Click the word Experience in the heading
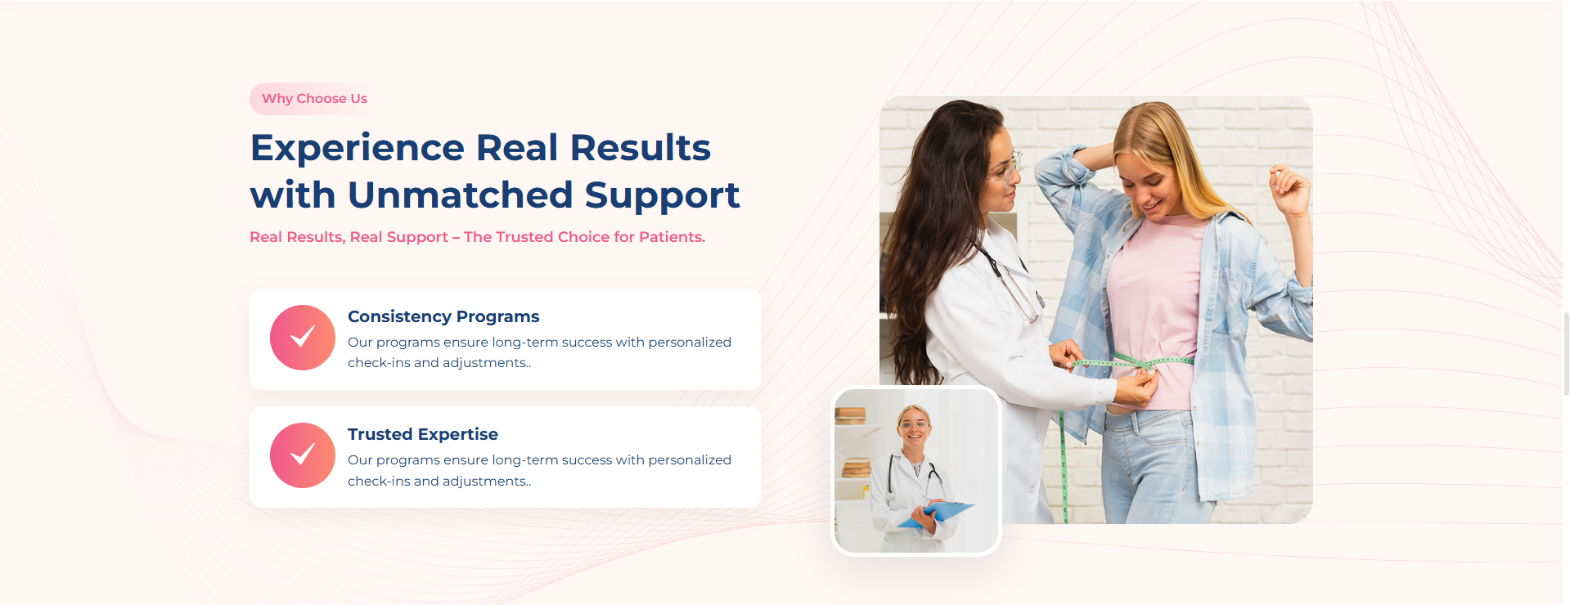pos(358,148)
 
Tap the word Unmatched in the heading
pos(461,195)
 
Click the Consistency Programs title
pos(443,316)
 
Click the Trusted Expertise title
pos(423,434)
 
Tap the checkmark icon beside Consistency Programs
pos(303,338)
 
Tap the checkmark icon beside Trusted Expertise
pos(303,455)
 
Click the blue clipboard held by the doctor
pos(937,513)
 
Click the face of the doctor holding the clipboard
pos(914,427)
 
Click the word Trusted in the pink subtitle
pos(524,237)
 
